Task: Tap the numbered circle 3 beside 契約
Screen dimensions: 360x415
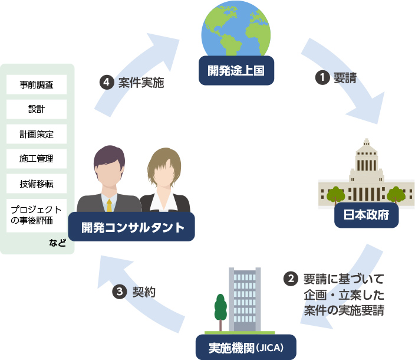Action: coord(120,292)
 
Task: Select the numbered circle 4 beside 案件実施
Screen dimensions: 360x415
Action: coord(107,83)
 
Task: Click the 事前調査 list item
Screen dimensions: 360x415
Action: coord(37,84)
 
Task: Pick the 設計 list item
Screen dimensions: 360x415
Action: coord(37,109)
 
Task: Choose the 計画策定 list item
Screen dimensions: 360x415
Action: coord(37,134)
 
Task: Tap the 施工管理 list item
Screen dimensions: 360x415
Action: coord(37,159)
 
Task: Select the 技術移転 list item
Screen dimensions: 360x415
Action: coord(37,184)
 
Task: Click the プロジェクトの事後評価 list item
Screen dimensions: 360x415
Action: coord(37,215)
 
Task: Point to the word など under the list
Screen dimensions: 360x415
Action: coord(58,242)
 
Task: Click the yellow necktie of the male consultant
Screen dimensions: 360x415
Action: coord(109,204)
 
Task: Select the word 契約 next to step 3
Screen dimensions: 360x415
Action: coord(144,292)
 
